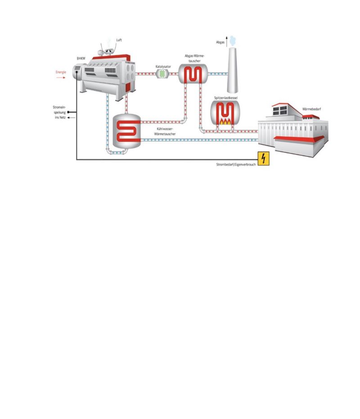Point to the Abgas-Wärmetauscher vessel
(x=193, y=74)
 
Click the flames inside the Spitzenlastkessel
(x=224, y=121)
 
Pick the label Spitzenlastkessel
(x=224, y=97)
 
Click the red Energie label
(x=61, y=72)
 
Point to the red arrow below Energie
(x=61, y=77)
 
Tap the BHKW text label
(x=81, y=59)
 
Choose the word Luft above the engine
(x=119, y=40)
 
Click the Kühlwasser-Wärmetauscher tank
(x=126, y=131)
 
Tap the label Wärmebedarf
(x=311, y=108)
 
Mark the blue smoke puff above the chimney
(x=232, y=40)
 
